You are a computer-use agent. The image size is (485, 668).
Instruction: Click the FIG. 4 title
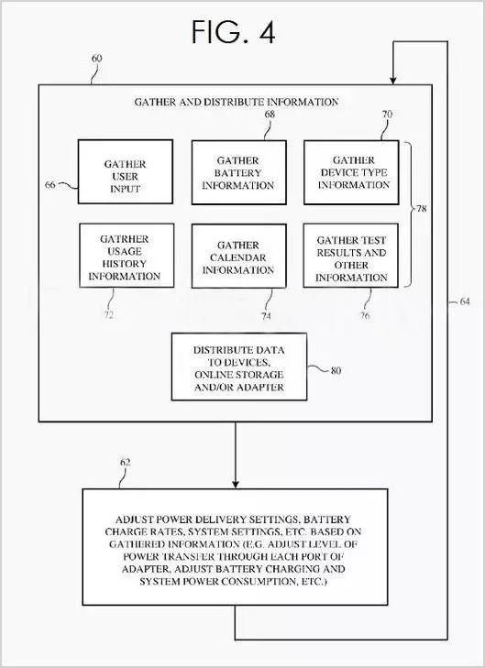[x=233, y=32]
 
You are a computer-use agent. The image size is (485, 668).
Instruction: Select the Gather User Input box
[x=126, y=171]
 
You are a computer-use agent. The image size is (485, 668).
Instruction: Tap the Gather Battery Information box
[x=238, y=172]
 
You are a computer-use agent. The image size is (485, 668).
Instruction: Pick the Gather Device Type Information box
[x=351, y=172]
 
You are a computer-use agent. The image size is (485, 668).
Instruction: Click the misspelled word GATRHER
[x=125, y=239]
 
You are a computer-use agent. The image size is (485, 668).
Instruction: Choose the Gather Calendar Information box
[x=238, y=256]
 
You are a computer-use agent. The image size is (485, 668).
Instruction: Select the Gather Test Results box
[x=351, y=255]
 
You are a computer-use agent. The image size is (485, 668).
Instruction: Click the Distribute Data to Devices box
[x=239, y=367]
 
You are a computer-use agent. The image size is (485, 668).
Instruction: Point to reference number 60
[x=97, y=59]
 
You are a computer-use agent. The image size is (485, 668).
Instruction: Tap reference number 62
[x=125, y=462]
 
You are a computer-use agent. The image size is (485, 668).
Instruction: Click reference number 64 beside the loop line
[x=465, y=301]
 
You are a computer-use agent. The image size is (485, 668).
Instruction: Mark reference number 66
[x=50, y=185]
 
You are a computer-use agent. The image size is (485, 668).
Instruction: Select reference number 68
[x=270, y=115]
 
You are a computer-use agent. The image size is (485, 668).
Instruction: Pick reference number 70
[x=387, y=115]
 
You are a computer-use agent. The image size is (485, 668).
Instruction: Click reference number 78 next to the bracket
[x=421, y=209]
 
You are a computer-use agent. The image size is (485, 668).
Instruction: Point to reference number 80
[x=336, y=370]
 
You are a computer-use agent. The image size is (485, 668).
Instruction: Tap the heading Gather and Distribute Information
[x=237, y=103]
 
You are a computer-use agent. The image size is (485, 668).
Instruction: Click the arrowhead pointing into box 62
[x=235, y=485]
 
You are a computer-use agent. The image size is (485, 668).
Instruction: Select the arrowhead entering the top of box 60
[x=393, y=80]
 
